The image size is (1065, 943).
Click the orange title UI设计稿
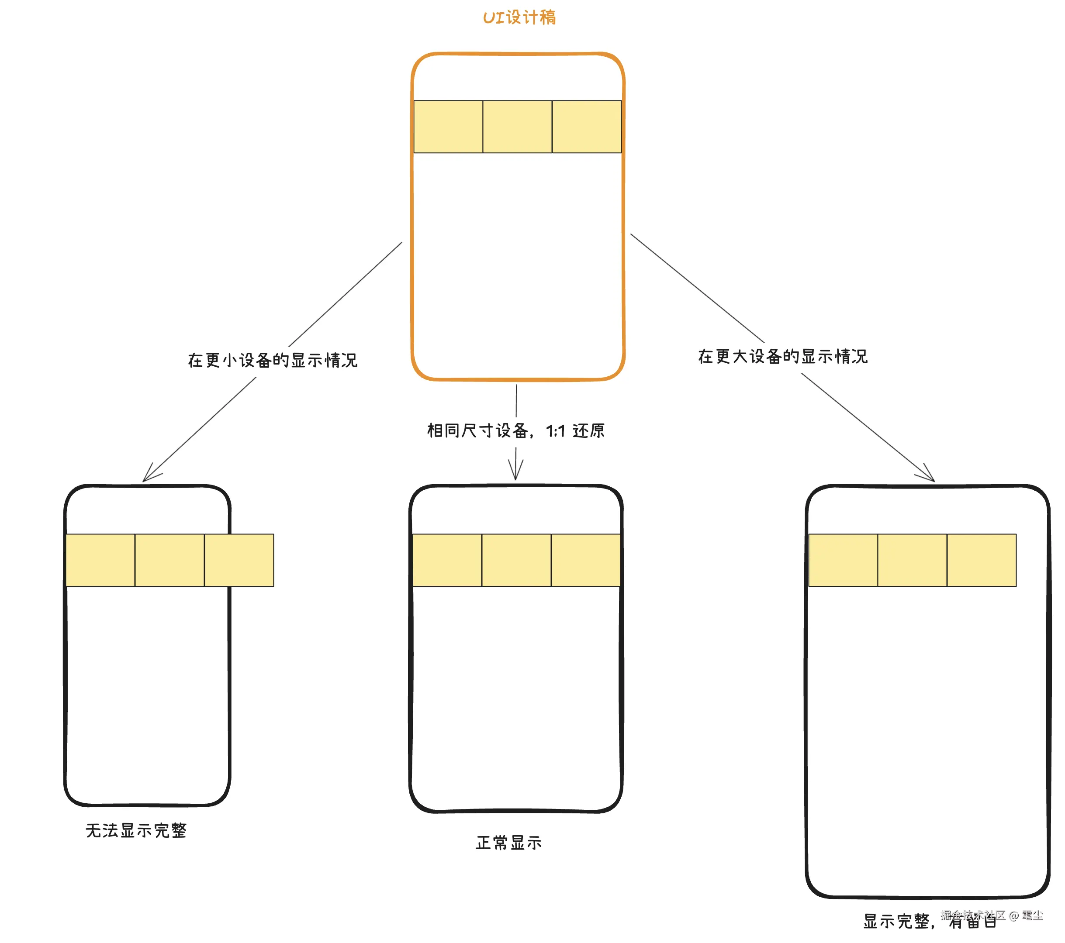(519, 17)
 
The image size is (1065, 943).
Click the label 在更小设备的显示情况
(273, 360)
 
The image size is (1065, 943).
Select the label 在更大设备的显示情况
(783, 356)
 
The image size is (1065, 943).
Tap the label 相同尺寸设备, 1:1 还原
(516, 430)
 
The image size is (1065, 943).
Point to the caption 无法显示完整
(136, 830)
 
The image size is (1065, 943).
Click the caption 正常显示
(508, 843)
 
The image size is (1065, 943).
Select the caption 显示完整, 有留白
(930, 921)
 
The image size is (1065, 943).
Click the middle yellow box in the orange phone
(517, 127)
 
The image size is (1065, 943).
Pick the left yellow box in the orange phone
(448, 127)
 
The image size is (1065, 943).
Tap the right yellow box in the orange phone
(586, 127)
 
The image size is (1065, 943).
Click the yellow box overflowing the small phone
(239, 560)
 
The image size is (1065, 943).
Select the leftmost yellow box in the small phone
(100, 560)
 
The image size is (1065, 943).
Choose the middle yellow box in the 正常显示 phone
(516, 560)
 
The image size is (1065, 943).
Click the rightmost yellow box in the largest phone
(981, 560)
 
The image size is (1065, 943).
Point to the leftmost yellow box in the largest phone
(843, 560)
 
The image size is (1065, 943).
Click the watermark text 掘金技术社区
(972, 915)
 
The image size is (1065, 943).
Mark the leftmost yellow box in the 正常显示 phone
(447, 560)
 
